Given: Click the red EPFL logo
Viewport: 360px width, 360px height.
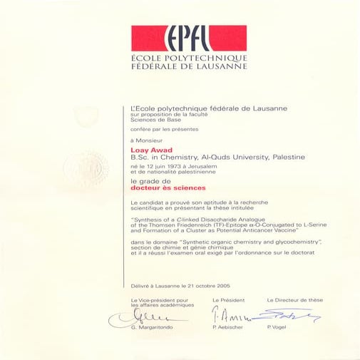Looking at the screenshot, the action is pyautogui.click(x=188, y=38).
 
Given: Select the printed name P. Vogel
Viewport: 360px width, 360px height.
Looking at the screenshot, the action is pyautogui.click(x=275, y=327).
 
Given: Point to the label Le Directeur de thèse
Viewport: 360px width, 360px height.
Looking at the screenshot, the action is pyautogui.click(x=294, y=300).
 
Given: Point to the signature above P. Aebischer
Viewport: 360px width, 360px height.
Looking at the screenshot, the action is pyautogui.click(x=230, y=315).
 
